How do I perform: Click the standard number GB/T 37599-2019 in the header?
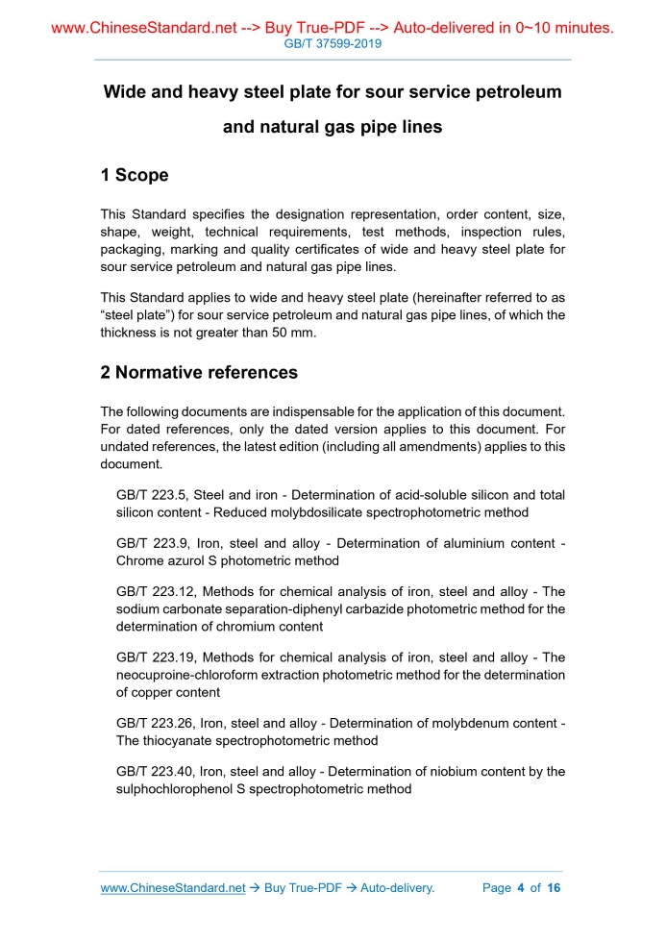tap(333, 44)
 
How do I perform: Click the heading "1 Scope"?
tap(134, 175)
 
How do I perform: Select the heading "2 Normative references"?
tap(199, 372)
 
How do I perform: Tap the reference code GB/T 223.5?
tap(149, 495)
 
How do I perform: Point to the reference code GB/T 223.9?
tap(149, 543)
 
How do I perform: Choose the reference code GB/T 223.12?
tap(153, 591)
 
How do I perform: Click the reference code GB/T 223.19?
tap(153, 657)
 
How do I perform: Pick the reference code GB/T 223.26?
tap(153, 723)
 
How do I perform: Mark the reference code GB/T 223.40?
tap(153, 771)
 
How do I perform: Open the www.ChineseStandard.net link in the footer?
tap(173, 888)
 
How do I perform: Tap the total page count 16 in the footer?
tap(553, 888)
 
